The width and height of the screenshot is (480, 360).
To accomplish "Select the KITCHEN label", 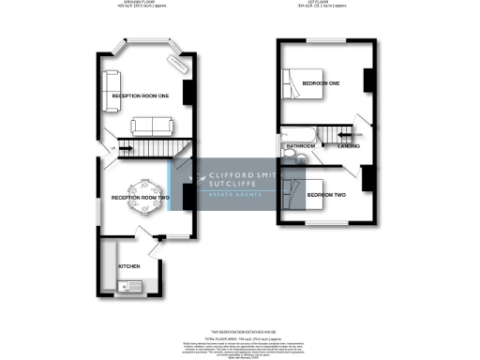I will coord(129,267).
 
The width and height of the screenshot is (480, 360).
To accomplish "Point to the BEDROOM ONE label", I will coord(321,83).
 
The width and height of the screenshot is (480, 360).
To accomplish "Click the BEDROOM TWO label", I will coord(326,193).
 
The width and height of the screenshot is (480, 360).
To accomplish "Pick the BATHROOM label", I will coord(300,147).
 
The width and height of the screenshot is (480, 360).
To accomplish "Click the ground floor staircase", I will coord(151,147).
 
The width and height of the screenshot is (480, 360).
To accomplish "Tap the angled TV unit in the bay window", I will coord(175,65).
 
